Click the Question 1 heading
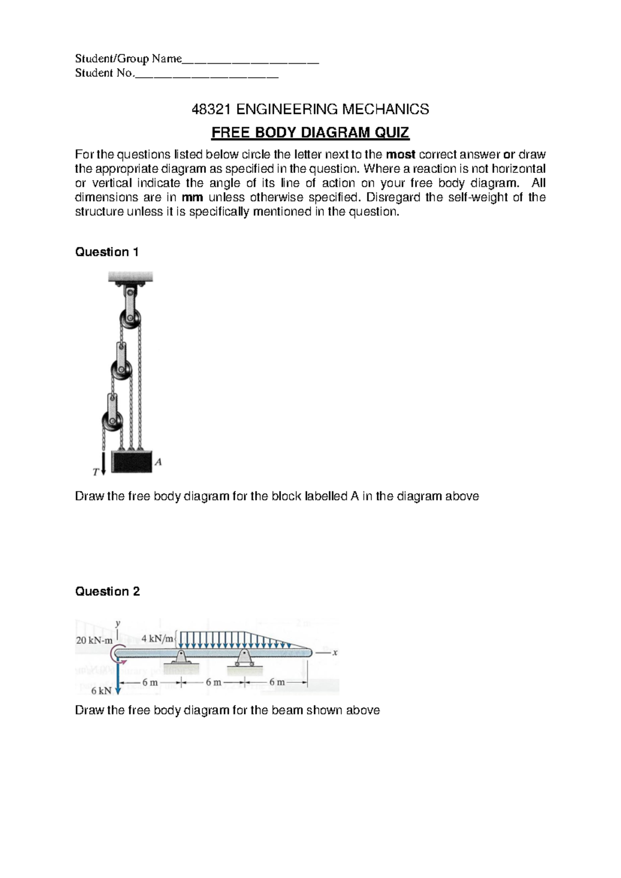point(107,252)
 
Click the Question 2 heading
point(107,591)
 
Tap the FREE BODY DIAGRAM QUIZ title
point(310,133)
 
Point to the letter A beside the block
point(159,462)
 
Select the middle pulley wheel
point(122,371)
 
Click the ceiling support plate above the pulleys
point(130,277)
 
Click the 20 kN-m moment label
point(94,640)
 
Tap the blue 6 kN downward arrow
point(118,678)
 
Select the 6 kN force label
point(101,691)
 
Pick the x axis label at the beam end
point(335,653)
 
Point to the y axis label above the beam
point(118,623)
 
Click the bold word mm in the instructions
point(192,197)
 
